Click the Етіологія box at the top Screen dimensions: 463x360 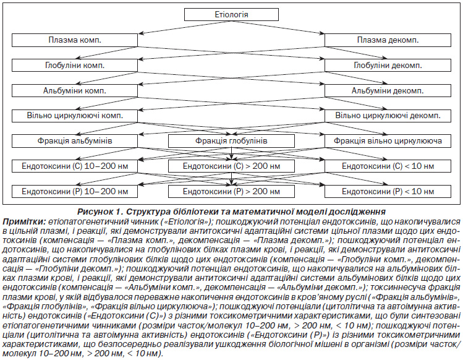tap(231, 14)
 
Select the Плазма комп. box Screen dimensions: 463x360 tap(75, 40)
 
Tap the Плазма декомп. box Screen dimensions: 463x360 tap(388, 40)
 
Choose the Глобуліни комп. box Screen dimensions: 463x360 tap(75, 66)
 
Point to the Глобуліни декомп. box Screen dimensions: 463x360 tap(388, 66)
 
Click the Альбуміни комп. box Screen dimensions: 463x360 tap(75, 91)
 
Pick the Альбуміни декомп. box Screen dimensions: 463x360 tap(388, 91)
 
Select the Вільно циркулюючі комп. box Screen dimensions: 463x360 tap(75, 116)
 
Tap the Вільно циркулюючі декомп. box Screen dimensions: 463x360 tap(388, 116)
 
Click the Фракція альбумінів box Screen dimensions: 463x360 tap(75, 141)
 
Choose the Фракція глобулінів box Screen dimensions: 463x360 tap(231, 141)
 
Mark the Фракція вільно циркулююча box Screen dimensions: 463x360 tap(388, 141)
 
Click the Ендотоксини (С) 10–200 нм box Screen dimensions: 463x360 tap(75, 166)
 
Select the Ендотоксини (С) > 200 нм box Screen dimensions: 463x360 tap(231, 166)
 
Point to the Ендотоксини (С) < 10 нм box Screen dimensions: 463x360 tap(388, 166)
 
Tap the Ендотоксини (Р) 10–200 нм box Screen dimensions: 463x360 tap(75, 192)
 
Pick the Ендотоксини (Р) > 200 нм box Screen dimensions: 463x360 tap(231, 192)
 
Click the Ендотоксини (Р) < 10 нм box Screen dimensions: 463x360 tap(388, 192)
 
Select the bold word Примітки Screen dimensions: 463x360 tap(24, 221)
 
